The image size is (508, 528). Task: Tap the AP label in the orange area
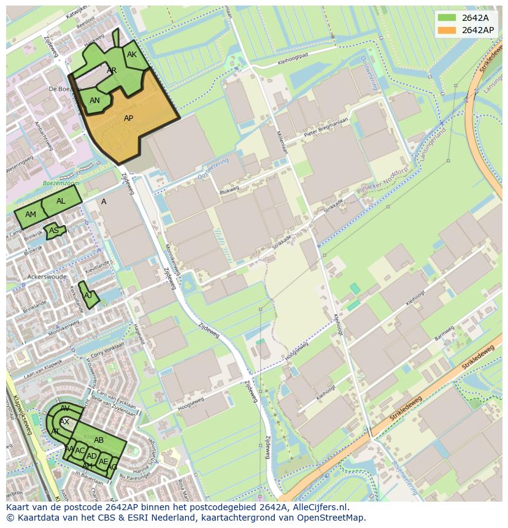[x=129, y=118]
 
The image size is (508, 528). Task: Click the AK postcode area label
[x=132, y=55]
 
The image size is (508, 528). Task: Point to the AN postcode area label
[x=94, y=101]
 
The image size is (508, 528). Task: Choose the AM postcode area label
[x=31, y=215]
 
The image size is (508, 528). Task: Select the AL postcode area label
[x=61, y=201]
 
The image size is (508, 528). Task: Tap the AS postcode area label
[x=54, y=231]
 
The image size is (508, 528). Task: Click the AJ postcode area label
[x=88, y=296]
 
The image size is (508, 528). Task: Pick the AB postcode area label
[x=99, y=440]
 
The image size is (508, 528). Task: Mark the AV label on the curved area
[x=65, y=408]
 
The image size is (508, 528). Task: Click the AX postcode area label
[x=64, y=422]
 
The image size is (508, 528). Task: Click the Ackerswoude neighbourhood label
[x=47, y=277]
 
